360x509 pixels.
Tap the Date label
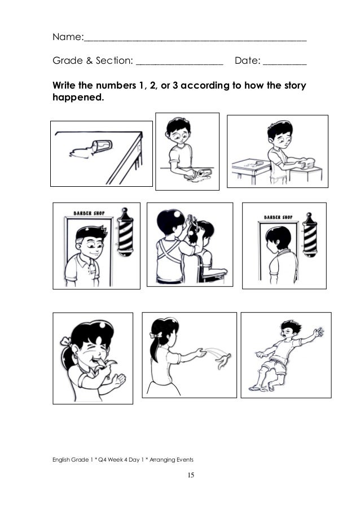point(247,60)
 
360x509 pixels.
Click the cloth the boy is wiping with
point(201,172)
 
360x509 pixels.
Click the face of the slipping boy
point(290,330)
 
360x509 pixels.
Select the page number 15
point(191,476)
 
